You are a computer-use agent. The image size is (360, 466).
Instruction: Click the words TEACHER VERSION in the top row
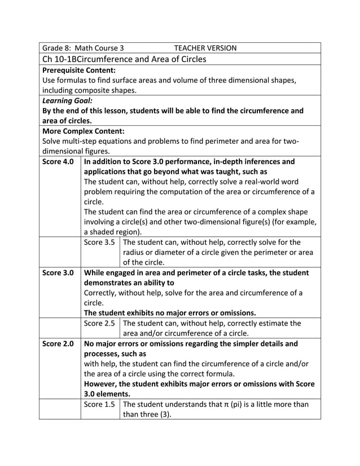click(x=205, y=48)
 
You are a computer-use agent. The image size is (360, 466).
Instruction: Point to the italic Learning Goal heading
click(x=63, y=100)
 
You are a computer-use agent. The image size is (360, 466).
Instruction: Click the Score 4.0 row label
click(x=58, y=161)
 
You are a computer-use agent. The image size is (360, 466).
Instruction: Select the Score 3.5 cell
click(x=99, y=242)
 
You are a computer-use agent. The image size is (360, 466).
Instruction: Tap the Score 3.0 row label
click(x=58, y=272)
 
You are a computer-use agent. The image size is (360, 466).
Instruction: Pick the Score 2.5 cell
click(x=99, y=323)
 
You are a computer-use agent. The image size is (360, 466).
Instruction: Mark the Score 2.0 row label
click(x=58, y=343)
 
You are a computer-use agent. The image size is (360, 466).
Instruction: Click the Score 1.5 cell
click(x=99, y=404)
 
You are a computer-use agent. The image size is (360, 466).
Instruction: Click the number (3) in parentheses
click(x=164, y=414)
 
